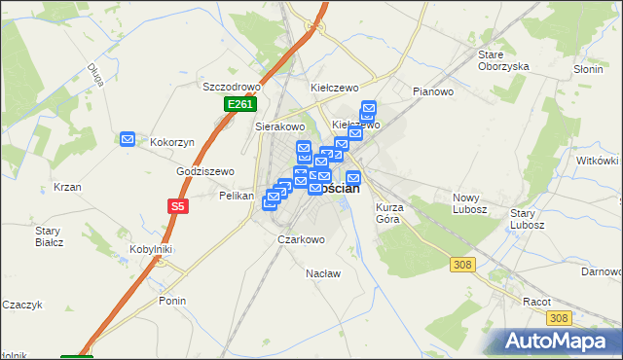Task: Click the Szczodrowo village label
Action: (227, 86)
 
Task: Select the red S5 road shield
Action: (176, 206)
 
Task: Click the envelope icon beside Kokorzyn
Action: (128, 140)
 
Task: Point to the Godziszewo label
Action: (205, 171)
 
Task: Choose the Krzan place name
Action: (67, 187)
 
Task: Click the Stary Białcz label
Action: (49, 236)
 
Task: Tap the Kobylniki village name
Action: (151, 249)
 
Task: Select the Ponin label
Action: (172, 301)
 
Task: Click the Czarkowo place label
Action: (301, 239)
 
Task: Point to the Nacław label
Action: (323, 273)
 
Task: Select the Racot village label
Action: (536, 302)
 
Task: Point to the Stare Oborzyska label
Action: (503, 60)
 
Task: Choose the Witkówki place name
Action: (598, 161)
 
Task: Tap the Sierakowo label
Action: (280, 126)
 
